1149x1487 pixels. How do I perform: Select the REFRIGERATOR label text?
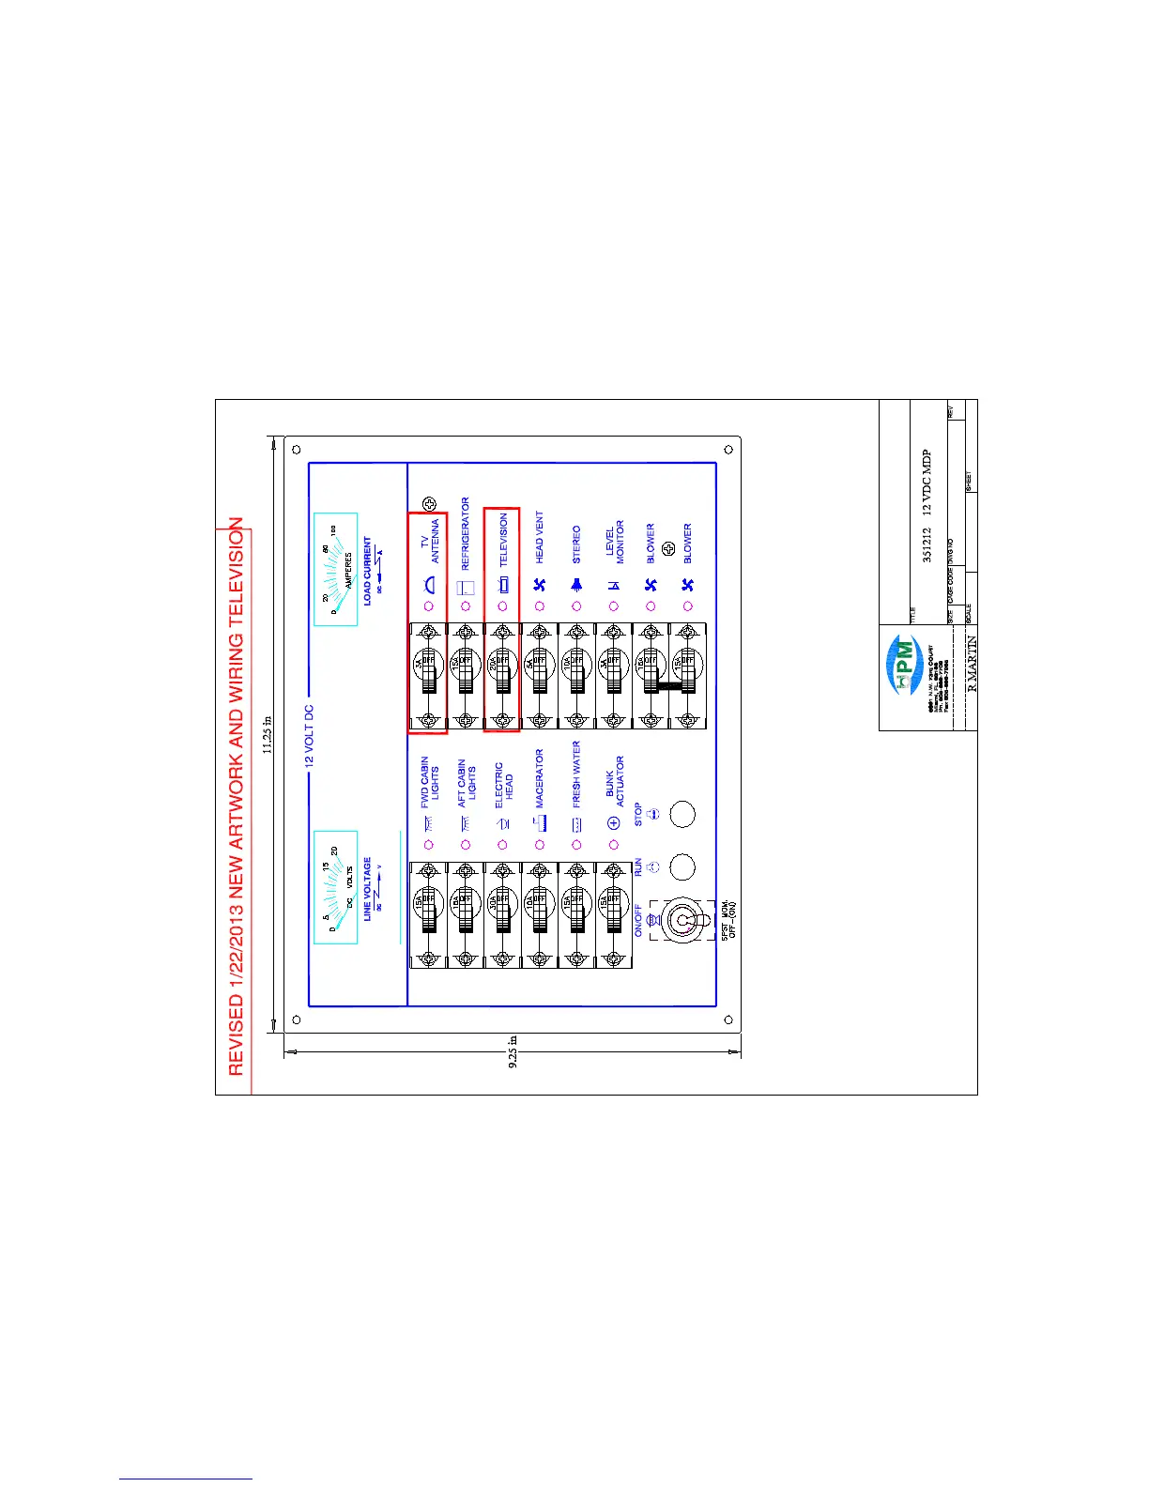point(466,533)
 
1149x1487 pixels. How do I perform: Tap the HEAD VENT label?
point(539,537)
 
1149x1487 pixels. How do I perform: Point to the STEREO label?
point(576,544)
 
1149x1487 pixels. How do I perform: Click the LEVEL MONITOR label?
point(614,544)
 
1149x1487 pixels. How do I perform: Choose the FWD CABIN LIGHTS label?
point(430,782)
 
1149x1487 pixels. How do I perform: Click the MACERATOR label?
point(539,778)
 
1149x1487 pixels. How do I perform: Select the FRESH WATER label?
point(576,774)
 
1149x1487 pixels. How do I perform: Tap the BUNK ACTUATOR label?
point(614,782)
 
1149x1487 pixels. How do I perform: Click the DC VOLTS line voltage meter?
point(335,886)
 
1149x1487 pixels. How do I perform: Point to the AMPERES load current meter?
point(335,569)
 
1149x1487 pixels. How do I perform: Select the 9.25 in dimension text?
point(513,1052)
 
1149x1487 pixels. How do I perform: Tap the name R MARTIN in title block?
point(972,663)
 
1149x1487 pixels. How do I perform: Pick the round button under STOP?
point(683,814)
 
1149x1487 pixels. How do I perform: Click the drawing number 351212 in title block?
point(927,545)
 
